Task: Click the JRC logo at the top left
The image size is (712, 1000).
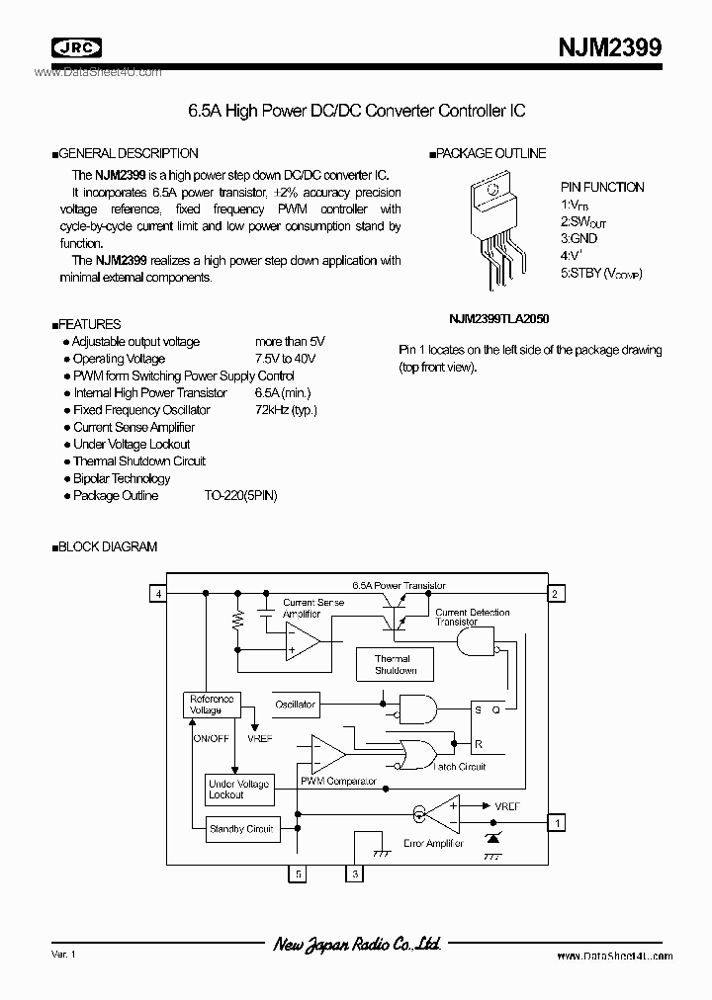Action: (77, 46)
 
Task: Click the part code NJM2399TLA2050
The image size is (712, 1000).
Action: (499, 320)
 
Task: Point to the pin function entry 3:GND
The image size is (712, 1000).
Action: (579, 238)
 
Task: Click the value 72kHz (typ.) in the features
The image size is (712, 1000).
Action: (287, 410)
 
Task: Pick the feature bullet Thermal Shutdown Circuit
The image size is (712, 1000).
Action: (139, 461)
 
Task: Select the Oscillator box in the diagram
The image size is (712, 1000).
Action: (295, 705)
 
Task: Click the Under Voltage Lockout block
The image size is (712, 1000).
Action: (238, 789)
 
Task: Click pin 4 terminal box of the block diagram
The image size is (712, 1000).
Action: (157, 593)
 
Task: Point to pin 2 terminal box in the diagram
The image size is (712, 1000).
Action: (557, 593)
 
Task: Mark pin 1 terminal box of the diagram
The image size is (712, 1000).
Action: (557, 822)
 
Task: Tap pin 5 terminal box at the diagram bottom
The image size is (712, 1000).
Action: (297, 874)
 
